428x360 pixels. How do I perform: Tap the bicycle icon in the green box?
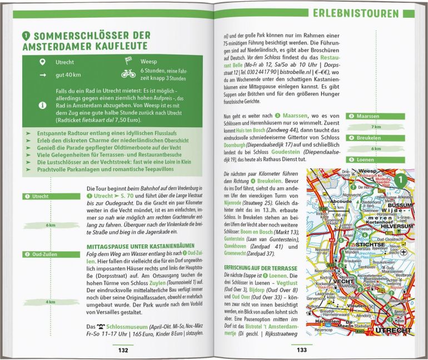point(128,73)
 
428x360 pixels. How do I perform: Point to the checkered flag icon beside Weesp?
point(128,60)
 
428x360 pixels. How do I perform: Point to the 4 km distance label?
point(51,302)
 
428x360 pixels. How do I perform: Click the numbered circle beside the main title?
point(26,36)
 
